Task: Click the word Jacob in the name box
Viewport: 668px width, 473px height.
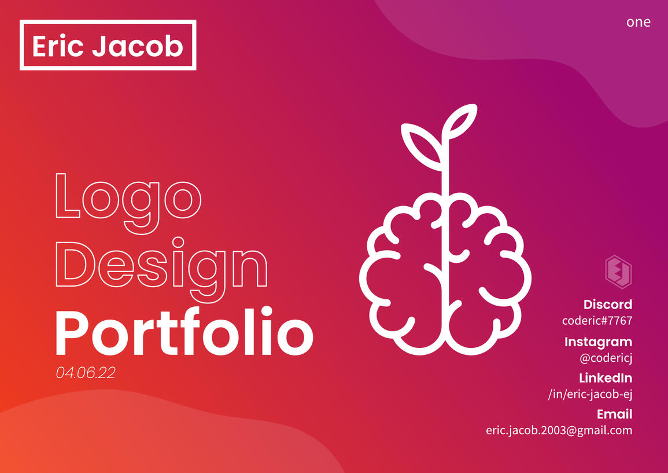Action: pyautogui.click(x=138, y=46)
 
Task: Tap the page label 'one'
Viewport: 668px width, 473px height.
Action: pyautogui.click(x=638, y=22)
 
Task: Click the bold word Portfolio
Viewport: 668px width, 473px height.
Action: pyautogui.click(x=184, y=332)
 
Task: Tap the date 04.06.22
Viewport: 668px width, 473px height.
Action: pyautogui.click(x=86, y=372)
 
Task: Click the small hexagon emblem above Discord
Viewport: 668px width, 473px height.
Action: pyautogui.click(x=618, y=271)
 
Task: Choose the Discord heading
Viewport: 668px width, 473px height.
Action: pyautogui.click(x=607, y=305)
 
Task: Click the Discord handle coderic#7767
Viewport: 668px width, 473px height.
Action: pyautogui.click(x=597, y=320)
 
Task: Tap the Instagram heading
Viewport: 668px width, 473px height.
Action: pyautogui.click(x=598, y=342)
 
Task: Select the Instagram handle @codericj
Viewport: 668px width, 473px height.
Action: pyautogui.click(x=606, y=358)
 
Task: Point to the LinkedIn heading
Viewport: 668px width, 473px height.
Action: pyautogui.click(x=605, y=379)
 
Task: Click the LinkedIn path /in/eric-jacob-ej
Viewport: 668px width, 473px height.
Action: pyautogui.click(x=590, y=394)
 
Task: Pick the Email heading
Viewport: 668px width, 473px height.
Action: pyautogui.click(x=614, y=415)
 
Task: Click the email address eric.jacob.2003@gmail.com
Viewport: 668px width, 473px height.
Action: pyautogui.click(x=559, y=430)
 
